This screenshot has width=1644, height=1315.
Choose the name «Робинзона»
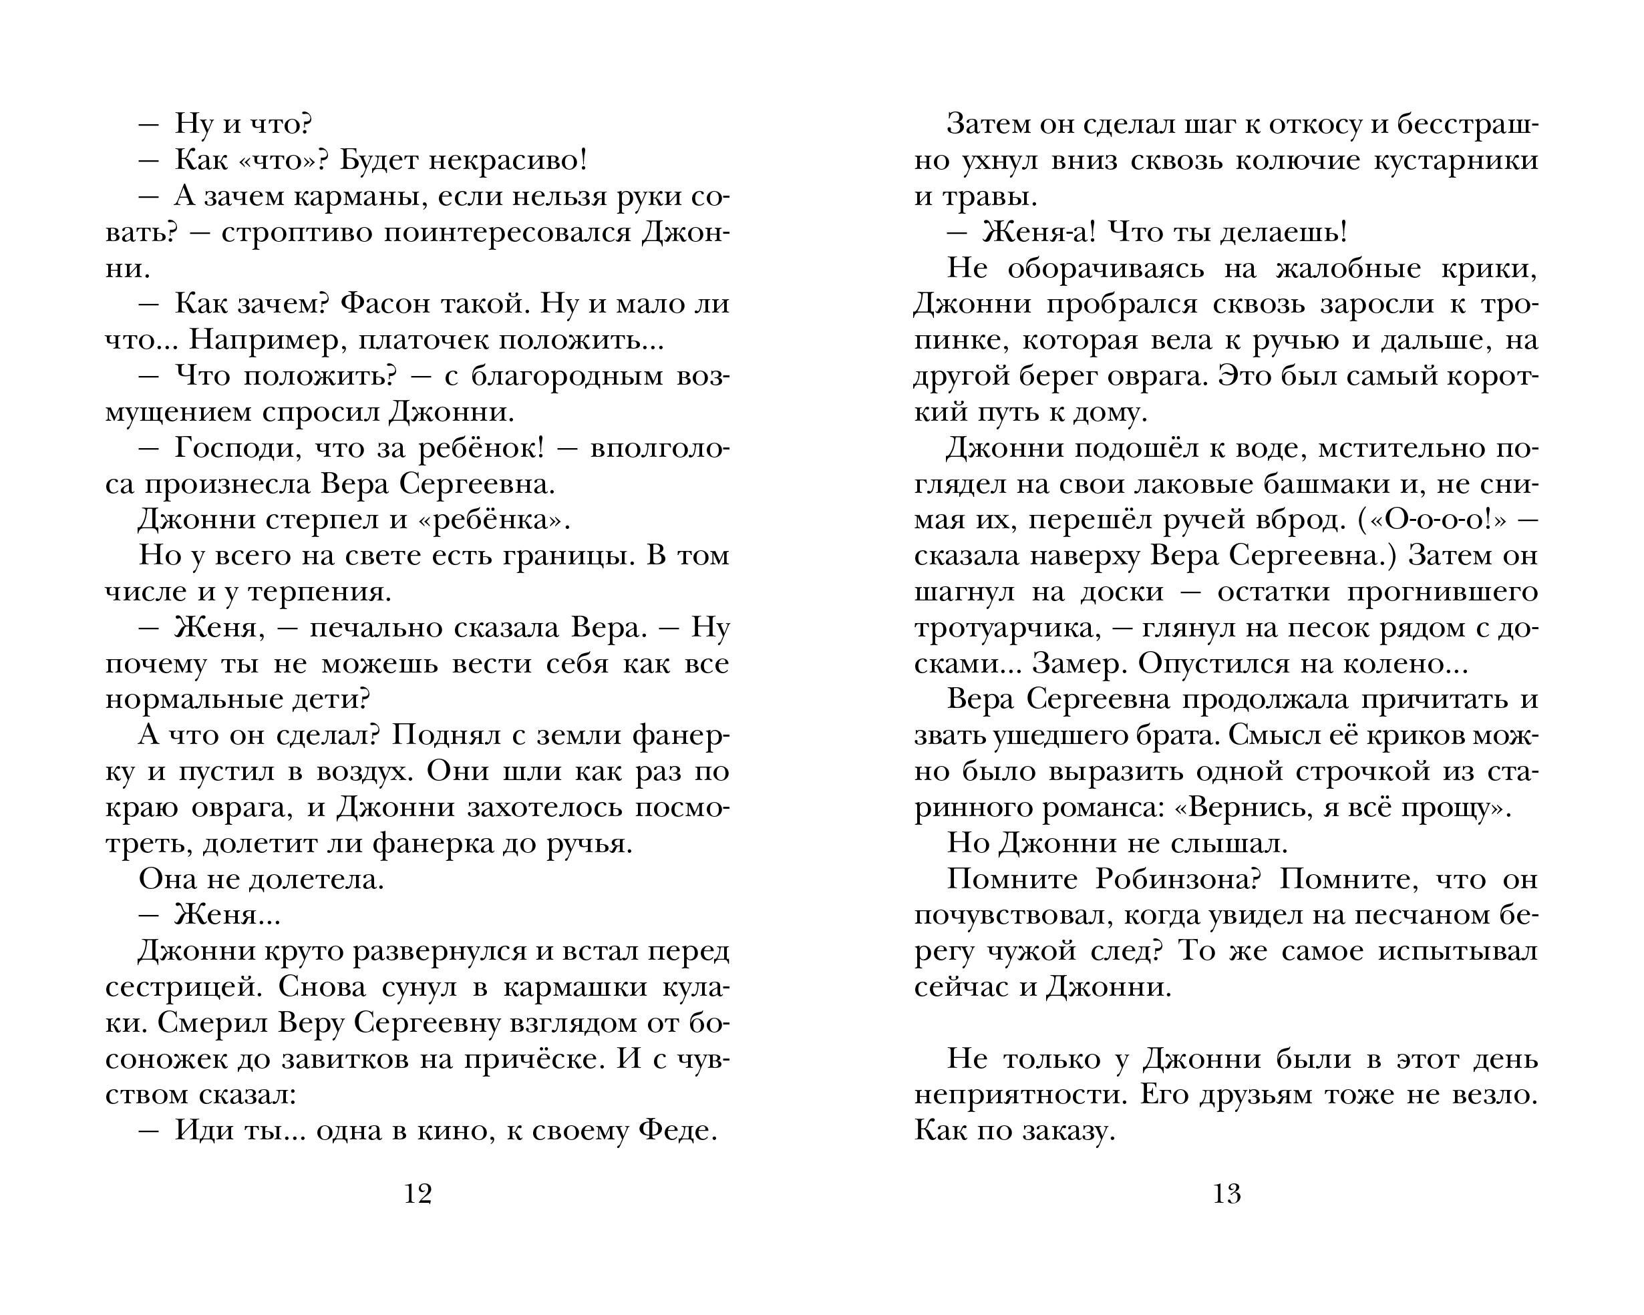pos(1176,879)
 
